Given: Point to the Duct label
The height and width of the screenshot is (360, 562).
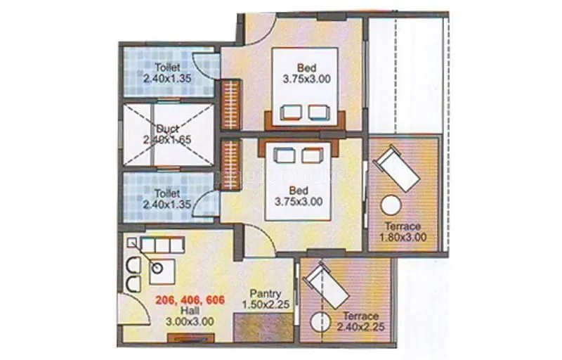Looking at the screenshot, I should coord(168,129).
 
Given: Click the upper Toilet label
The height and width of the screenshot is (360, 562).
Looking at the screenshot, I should coord(168,68).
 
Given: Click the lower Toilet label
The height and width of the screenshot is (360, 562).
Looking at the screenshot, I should coord(167,193).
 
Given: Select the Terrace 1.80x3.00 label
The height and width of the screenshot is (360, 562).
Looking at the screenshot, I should coord(403,226).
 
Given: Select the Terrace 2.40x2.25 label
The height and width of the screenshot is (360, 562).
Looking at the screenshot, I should coord(360,316).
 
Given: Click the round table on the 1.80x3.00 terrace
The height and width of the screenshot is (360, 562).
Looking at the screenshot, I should coord(390,207).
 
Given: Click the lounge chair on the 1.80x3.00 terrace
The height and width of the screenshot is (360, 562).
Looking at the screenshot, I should coord(398,171).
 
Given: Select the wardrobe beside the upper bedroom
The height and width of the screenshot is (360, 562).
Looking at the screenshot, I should coord(231,104).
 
